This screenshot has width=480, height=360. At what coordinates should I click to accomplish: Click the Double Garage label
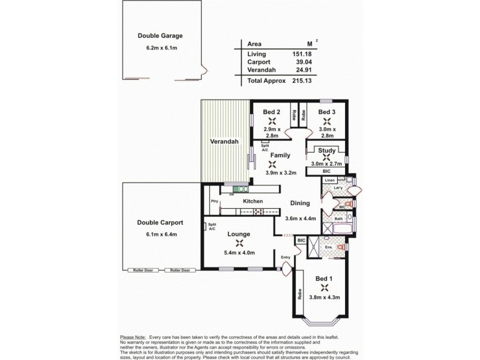pos(160,35)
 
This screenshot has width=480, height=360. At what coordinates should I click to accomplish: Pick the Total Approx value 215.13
pos(302,80)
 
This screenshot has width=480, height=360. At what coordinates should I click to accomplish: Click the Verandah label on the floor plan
pos(224,142)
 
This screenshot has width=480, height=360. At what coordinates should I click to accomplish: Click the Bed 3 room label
pos(326,112)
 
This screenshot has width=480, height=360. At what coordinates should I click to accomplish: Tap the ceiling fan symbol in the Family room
pos(272,163)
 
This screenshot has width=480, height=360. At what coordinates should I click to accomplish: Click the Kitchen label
pos(252,202)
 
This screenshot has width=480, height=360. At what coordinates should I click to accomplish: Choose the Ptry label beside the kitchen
pos(213,202)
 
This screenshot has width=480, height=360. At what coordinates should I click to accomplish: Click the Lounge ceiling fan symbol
pos(239,243)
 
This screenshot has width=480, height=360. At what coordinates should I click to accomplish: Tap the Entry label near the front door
pos(286,257)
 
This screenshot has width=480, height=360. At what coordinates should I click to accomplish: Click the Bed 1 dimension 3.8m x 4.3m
pos(323,296)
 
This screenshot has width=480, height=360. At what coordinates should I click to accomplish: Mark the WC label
pos(342,208)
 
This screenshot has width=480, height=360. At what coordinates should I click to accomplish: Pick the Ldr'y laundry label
pos(338,188)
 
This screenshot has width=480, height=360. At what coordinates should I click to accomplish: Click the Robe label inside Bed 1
pos(299,295)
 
